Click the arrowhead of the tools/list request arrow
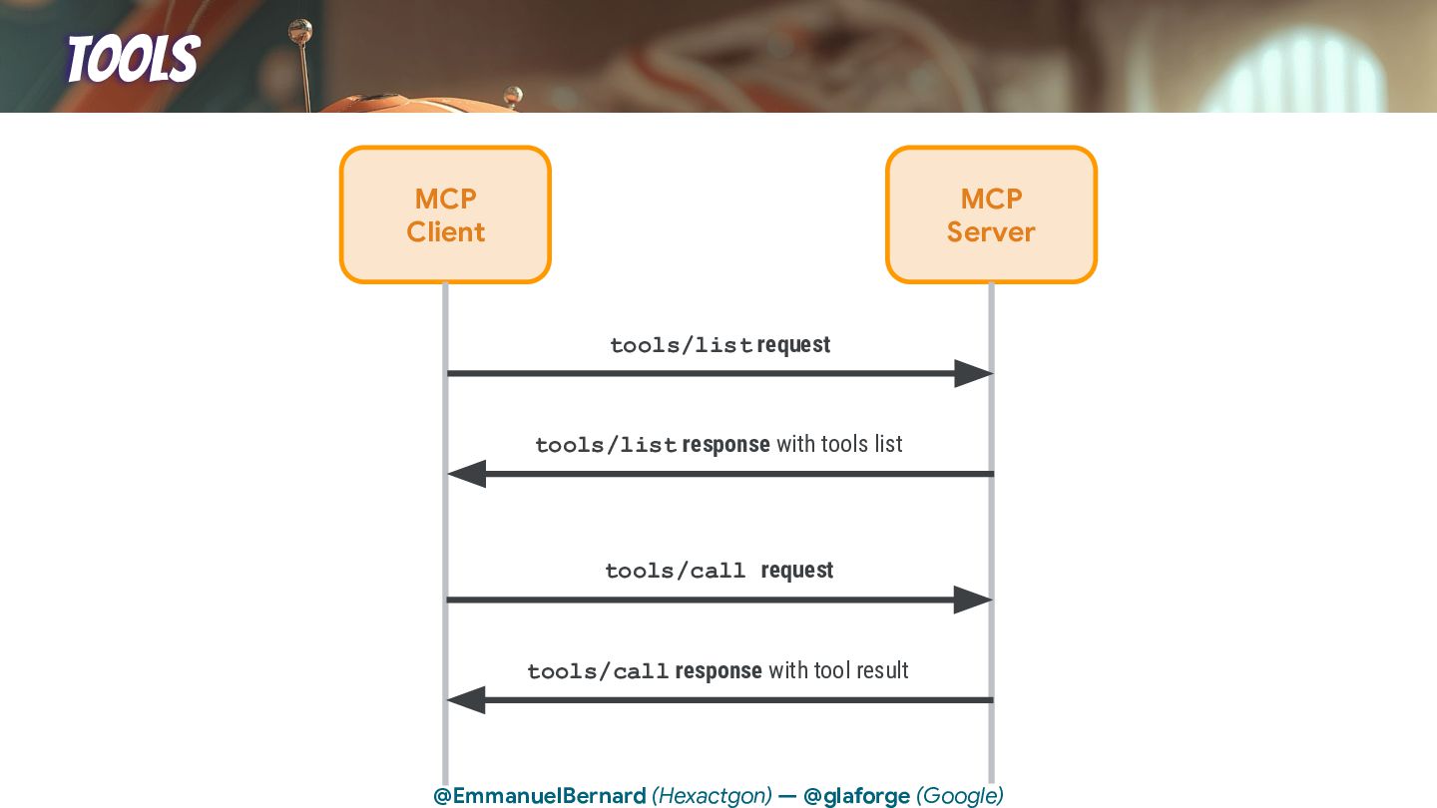(973, 374)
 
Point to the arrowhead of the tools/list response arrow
(467, 474)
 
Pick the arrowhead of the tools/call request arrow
(973, 600)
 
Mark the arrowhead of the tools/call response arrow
(467, 700)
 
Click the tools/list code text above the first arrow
(682, 346)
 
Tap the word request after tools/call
(796, 571)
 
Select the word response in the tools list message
(725, 444)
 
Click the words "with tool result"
(838, 670)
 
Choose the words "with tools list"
(839, 444)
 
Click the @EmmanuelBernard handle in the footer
(539, 796)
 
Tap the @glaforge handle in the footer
(856, 796)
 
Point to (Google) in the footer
(959, 796)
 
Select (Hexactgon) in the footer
(712, 796)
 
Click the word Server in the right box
(991, 232)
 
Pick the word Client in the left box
(445, 232)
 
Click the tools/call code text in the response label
(598, 672)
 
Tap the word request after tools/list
(793, 345)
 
